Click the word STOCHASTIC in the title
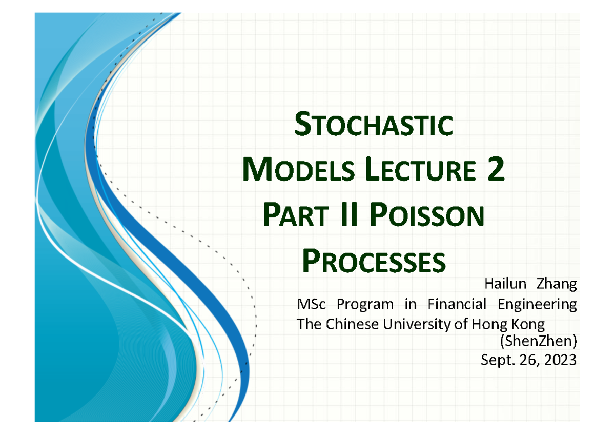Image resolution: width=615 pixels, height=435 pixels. coord(374,126)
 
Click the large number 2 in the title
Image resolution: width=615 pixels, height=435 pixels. coord(495,170)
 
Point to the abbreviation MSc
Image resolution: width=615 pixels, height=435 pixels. coord(311,305)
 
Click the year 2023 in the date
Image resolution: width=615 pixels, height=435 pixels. coord(558,360)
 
